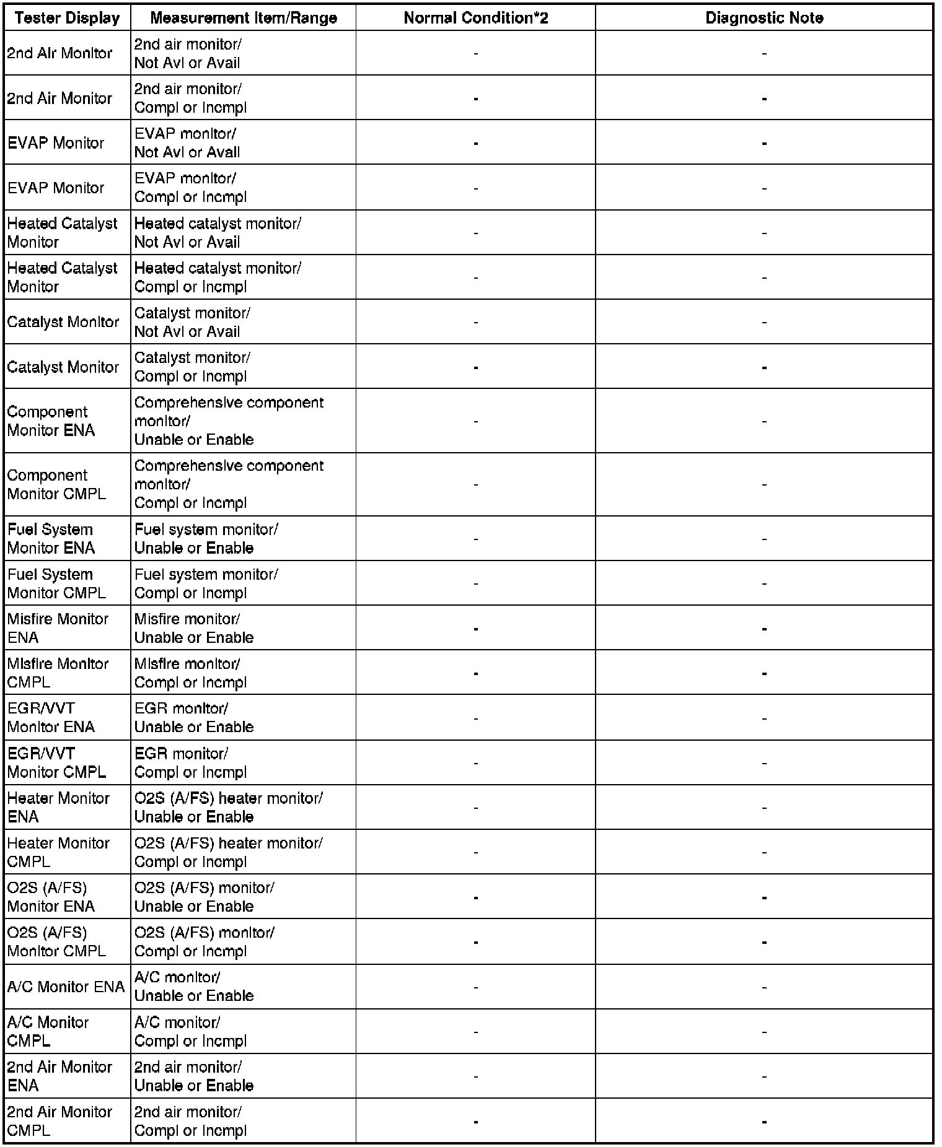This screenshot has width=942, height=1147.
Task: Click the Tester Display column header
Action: pyautogui.click(x=67, y=18)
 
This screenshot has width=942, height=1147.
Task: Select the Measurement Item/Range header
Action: pyautogui.click(x=244, y=18)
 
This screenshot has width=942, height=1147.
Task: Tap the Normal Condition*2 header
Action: pyautogui.click(x=475, y=18)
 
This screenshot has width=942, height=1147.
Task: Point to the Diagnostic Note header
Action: pyautogui.click(x=764, y=18)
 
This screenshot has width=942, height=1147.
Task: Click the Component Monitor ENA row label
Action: pyautogui.click(x=51, y=421)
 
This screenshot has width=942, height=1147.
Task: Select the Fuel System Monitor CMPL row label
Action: pyautogui.click(x=56, y=583)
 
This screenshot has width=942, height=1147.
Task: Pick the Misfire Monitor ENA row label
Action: pyautogui.click(x=58, y=628)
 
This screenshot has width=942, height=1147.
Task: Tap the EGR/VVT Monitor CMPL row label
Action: pyautogui.click(x=56, y=762)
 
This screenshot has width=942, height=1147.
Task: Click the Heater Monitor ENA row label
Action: pyautogui.click(x=58, y=807)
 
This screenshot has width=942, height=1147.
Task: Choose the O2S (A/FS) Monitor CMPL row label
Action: pyautogui.click(x=56, y=941)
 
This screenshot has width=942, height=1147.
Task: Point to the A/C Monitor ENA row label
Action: pyautogui.click(x=66, y=987)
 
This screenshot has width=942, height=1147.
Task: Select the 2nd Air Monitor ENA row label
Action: pyautogui.click(x=59, y=1076)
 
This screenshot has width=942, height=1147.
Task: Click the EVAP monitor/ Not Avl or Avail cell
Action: pyautogui.click(x=187, y=143)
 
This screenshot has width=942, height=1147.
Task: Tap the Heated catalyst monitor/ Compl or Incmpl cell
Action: pyautogui.click(x=218, y=277)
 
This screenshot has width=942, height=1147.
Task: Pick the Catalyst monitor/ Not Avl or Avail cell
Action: pyautogui.click(x=192, y=322)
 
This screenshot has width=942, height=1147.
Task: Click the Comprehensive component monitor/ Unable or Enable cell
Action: pyautogui.click(x=229, y=421)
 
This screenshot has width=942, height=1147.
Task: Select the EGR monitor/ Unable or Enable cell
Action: pyautogui.click(x=194, y=717)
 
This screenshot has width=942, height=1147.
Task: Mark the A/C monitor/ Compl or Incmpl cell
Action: pyautogui.click(x=190, y=1031)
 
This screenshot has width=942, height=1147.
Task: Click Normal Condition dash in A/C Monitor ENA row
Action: pyautogui.click(x=475, y=987)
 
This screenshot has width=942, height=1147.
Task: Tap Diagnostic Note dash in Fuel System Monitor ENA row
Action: pyautogui.click(x=764, y=539)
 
